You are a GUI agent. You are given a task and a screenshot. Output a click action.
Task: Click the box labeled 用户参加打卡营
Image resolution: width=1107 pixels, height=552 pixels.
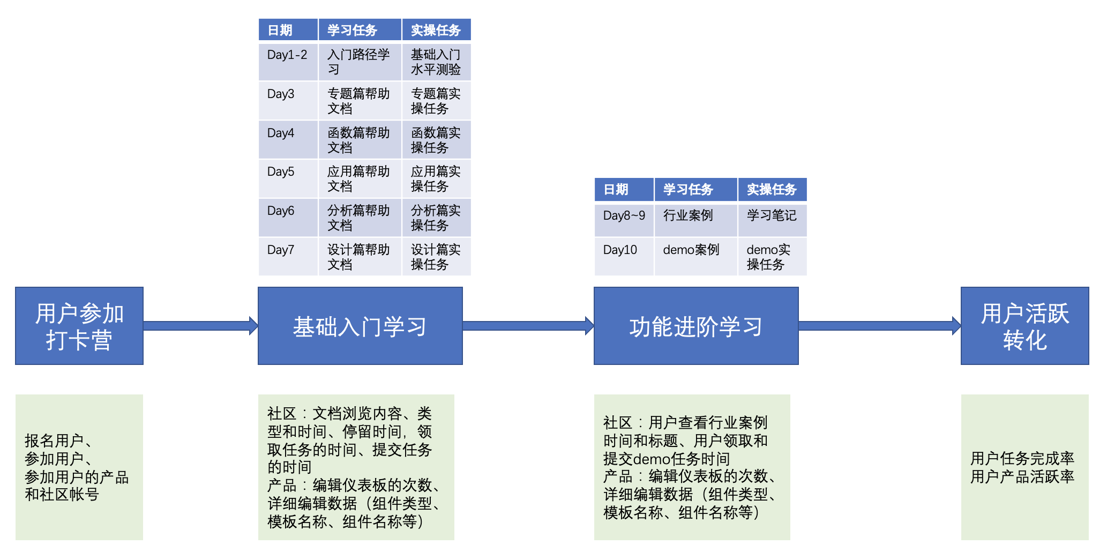click(79, 326)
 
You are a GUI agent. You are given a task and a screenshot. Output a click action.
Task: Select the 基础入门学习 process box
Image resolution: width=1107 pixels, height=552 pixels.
click(360, 326)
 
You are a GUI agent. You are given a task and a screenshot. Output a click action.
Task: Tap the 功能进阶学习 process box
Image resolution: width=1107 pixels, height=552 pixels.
click(696, 326)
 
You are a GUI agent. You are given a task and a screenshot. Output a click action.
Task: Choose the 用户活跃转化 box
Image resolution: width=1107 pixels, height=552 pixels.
click(1024, 326)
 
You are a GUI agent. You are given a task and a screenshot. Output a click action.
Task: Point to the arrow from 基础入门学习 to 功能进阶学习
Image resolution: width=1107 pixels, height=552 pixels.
click(528, 326)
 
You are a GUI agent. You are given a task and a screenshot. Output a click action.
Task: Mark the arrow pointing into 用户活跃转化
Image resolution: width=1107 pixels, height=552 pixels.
click(879, 326)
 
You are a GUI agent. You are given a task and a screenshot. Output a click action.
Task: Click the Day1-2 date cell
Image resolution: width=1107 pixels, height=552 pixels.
click(288, 61)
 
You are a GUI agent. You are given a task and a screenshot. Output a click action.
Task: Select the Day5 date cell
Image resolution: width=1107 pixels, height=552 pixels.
click(288, 178)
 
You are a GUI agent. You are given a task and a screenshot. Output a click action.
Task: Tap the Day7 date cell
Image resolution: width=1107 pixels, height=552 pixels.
click(288, 257)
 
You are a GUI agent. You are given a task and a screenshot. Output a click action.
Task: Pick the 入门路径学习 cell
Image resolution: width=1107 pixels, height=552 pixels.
click(360, 61)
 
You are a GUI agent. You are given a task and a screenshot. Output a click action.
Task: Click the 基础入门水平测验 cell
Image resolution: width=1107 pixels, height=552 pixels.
click(436, 61)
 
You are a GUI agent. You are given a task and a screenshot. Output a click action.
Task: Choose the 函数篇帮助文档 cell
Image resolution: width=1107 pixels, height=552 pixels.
click(360, 139)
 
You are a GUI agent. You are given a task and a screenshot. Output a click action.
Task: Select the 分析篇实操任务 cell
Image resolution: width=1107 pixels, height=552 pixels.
click(436, 218)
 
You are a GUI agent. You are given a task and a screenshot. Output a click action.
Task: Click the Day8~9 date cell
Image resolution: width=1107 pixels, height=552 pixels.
click(624, 220)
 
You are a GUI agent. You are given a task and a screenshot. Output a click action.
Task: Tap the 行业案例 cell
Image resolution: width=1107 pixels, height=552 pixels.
click(695, 220)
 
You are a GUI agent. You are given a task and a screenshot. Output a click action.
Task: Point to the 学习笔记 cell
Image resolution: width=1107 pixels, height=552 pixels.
click(772, 220)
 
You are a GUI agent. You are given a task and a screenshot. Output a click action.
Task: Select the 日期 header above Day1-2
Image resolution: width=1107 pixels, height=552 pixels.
click(288, 30)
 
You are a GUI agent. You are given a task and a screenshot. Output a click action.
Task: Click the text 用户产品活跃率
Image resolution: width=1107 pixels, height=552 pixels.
click(1022, 476)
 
